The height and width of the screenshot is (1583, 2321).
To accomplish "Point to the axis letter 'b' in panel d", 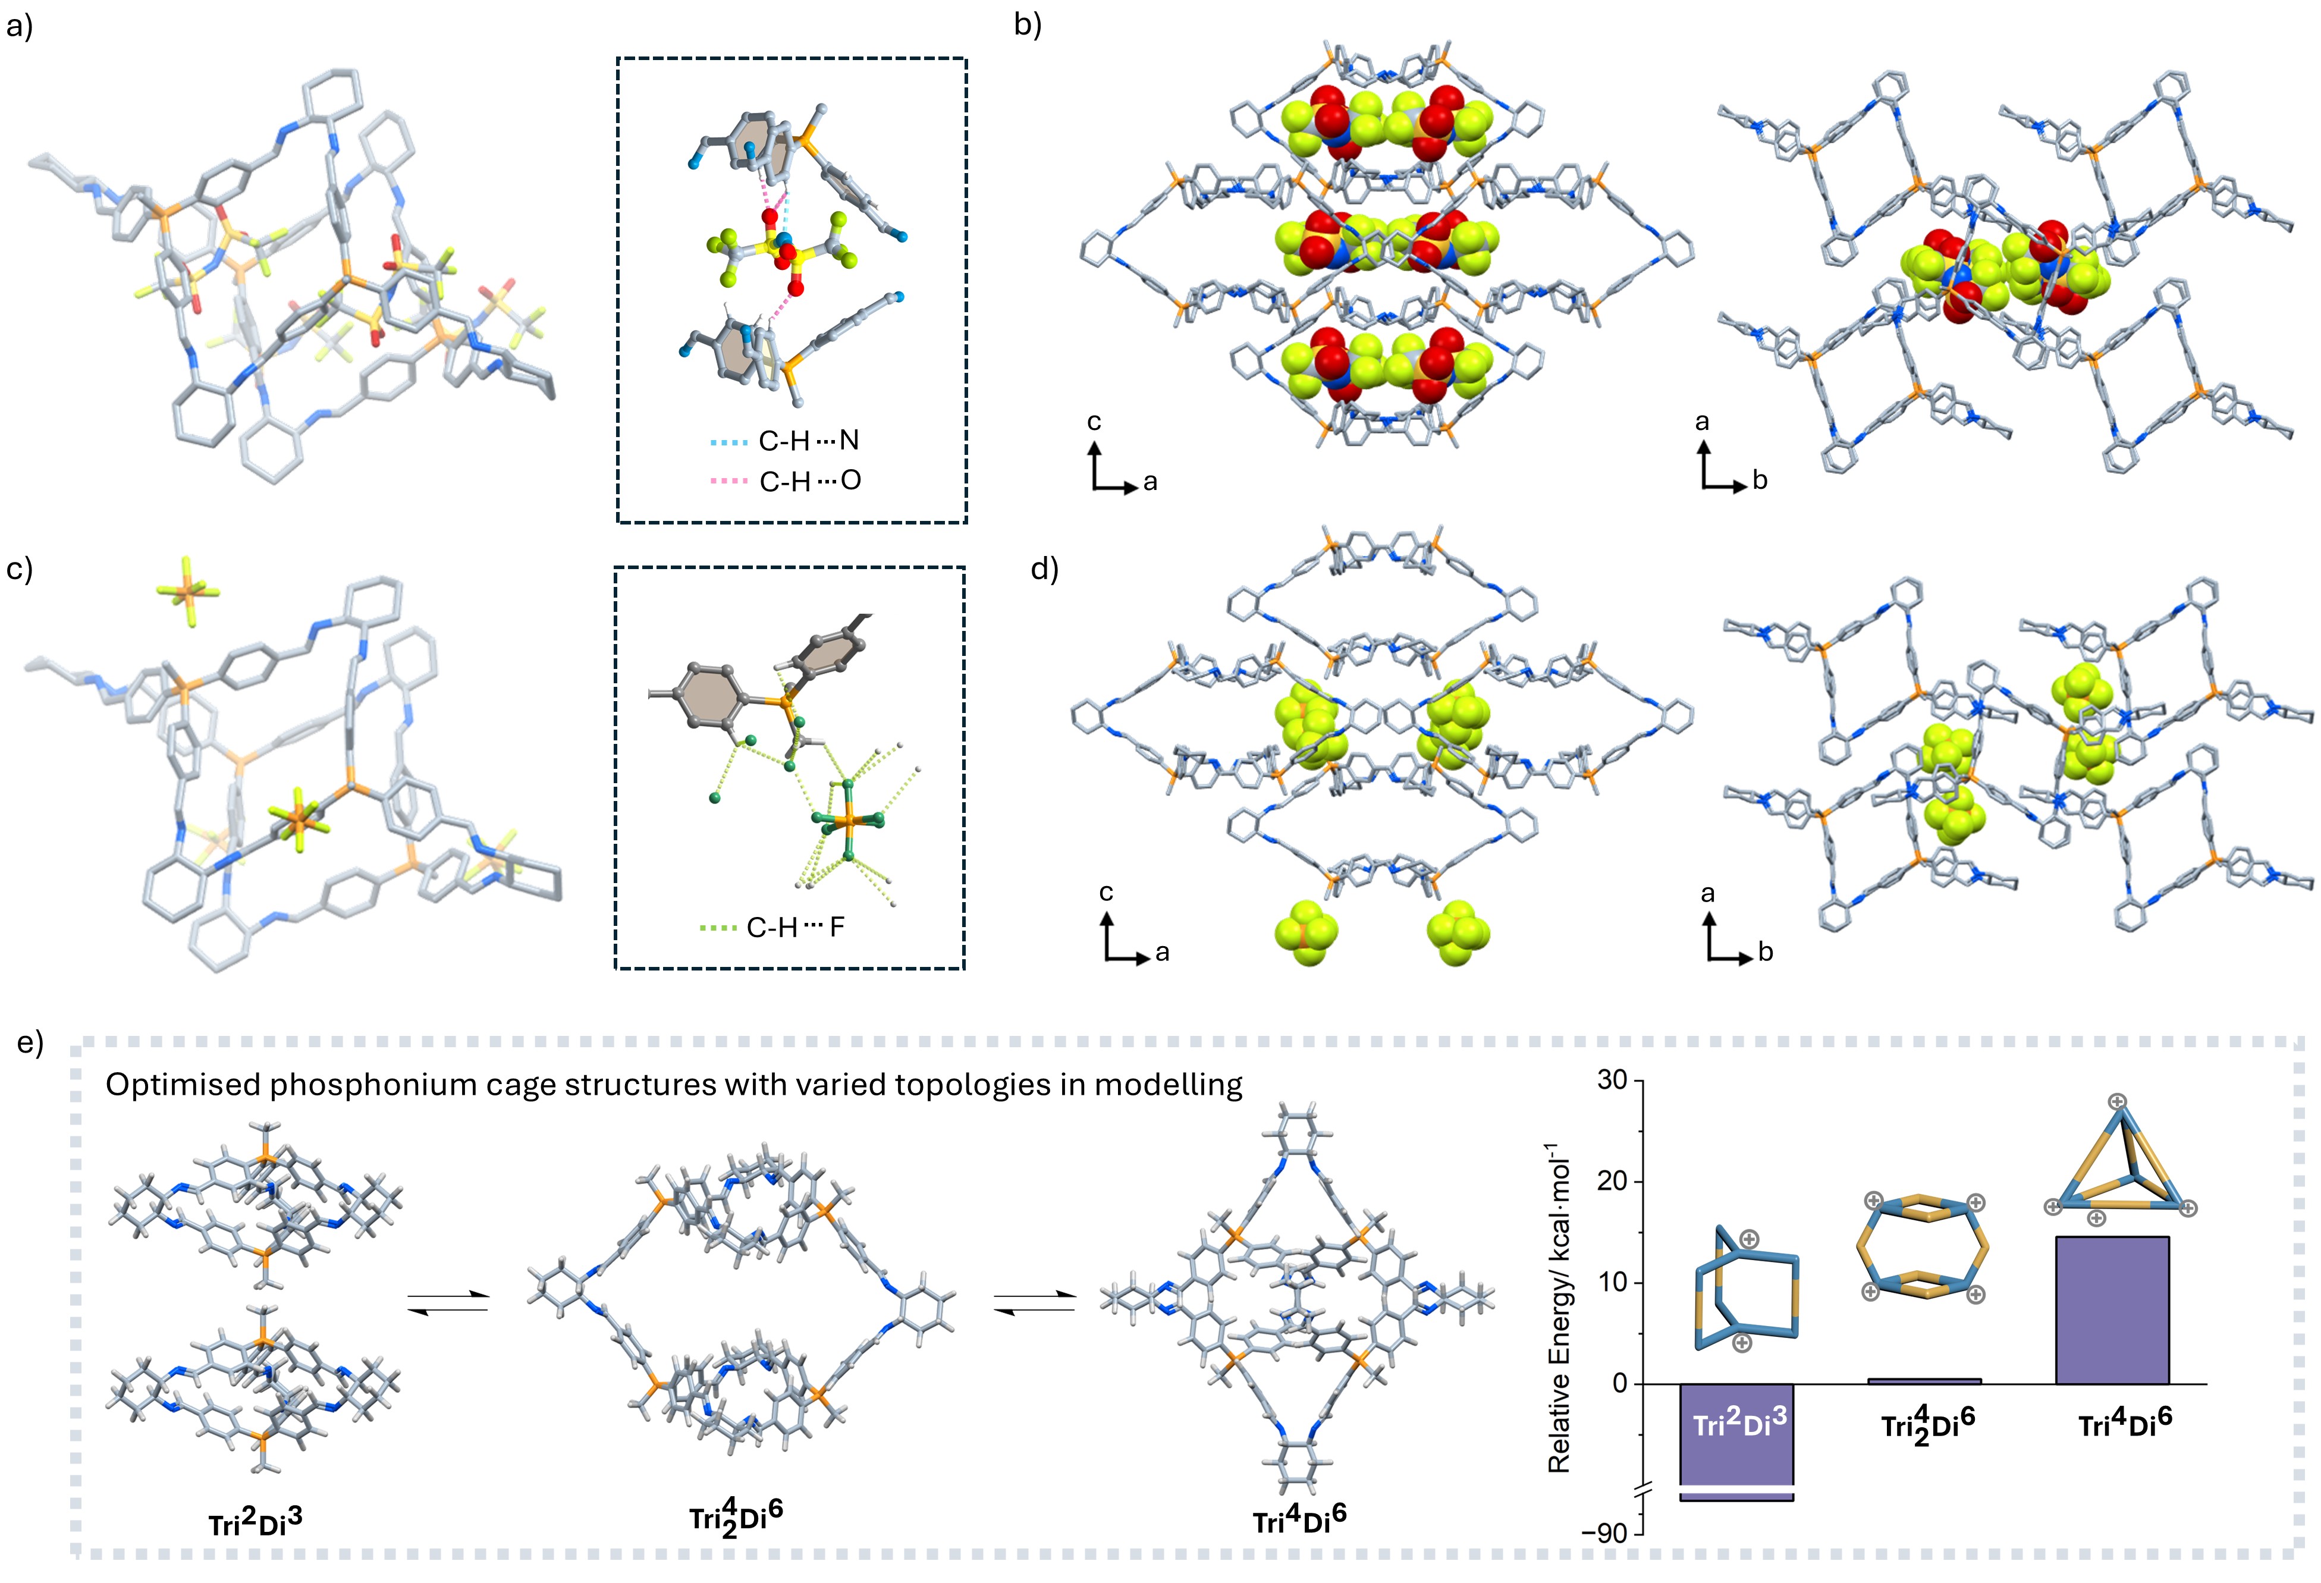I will pyautogui.click(x=1765, y=953).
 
